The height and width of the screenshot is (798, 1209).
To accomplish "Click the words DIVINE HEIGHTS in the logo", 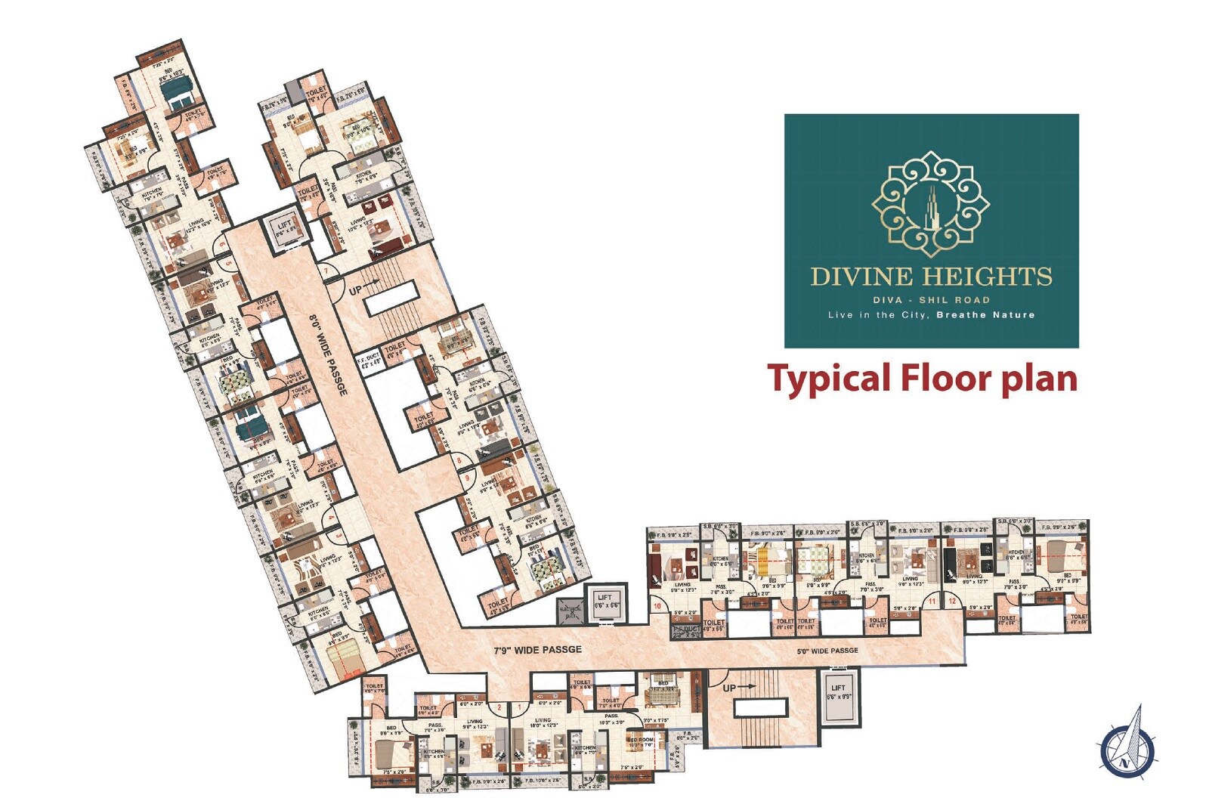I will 931,277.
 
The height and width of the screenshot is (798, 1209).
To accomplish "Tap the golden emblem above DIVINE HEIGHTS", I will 930,200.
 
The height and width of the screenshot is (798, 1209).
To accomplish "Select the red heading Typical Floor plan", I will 922,378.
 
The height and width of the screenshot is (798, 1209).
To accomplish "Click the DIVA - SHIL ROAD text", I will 931,300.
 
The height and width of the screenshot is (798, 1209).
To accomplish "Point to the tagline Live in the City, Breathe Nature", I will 931,315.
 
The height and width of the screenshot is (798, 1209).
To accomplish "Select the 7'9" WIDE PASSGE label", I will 538,649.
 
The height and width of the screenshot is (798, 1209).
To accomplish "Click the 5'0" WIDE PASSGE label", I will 827,650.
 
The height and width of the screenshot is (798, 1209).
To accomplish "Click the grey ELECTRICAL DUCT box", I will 570,611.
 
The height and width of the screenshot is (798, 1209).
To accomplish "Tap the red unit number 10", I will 657,606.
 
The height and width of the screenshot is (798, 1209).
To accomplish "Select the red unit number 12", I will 952,602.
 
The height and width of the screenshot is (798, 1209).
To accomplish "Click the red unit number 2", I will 499,707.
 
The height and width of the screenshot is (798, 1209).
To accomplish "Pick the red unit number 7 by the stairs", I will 326,271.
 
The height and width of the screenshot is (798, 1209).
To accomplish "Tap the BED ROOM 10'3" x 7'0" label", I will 641,742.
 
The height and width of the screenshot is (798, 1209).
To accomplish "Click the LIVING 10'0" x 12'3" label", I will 542,723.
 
